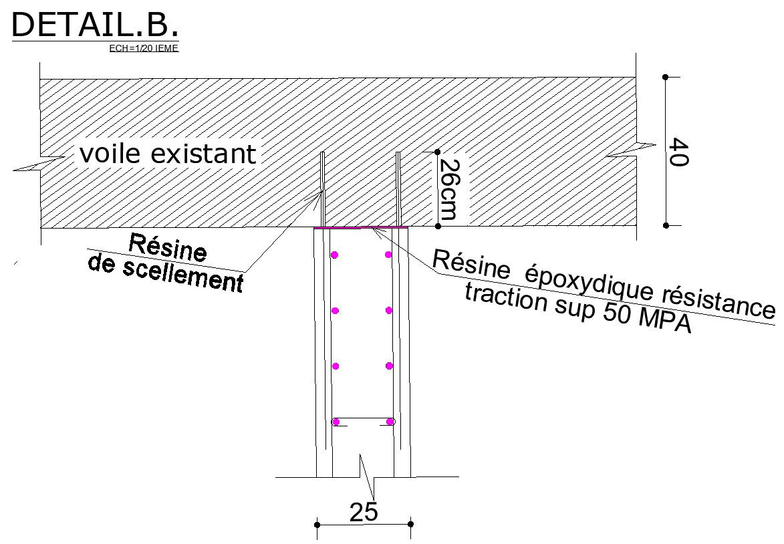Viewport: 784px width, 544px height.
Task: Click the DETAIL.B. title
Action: tap(95, 25)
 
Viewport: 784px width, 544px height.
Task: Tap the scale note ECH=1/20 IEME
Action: tap(144, 49)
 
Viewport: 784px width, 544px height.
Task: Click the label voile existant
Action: tap(168, 154)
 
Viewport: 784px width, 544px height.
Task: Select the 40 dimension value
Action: tap(678, 152)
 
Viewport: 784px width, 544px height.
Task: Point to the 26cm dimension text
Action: tap(448, 189)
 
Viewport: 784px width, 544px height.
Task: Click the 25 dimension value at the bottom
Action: tap(364, 512)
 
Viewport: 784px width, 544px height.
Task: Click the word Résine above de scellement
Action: tap(168, 247)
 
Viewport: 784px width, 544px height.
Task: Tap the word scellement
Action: tap(183, 275)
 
